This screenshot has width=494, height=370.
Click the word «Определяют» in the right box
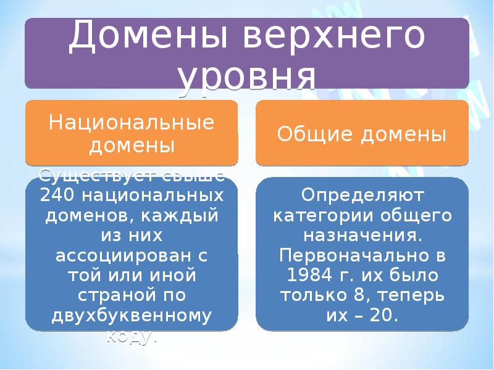click(x=362, y=196)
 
